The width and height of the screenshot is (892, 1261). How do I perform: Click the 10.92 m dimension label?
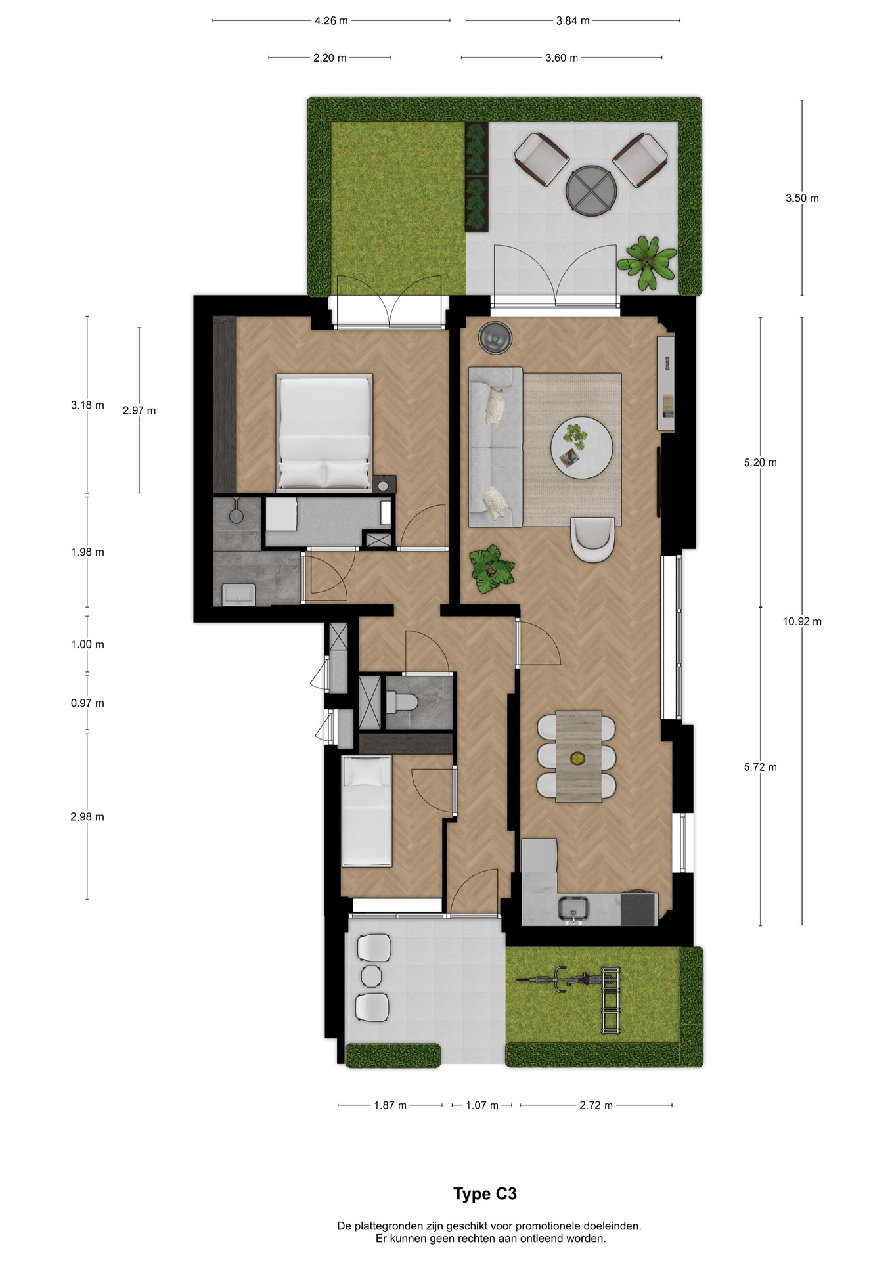point(802,621)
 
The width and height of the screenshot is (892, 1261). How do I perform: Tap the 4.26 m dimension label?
point(331,20)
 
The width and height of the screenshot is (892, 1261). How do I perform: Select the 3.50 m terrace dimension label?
point(802,198)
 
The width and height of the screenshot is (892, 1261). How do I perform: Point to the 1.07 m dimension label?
point(482,1105)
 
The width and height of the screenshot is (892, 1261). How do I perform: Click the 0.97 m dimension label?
point(87,703)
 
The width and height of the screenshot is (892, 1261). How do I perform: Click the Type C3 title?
point(485,1193)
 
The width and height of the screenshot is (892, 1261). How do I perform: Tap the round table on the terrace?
point(591,189)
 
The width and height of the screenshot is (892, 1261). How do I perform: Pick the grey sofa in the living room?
point(495,447)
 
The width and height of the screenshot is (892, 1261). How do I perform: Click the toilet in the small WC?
point(402,703)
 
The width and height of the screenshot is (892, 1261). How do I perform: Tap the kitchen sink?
point(574,909)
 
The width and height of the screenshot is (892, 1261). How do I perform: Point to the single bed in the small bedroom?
point(367,810)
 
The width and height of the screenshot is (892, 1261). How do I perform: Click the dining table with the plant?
point(579,756)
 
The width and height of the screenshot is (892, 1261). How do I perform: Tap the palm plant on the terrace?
point(647,262)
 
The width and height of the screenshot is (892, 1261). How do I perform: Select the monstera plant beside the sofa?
point(491,569)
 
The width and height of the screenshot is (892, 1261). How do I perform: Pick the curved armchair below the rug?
point(593,539)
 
